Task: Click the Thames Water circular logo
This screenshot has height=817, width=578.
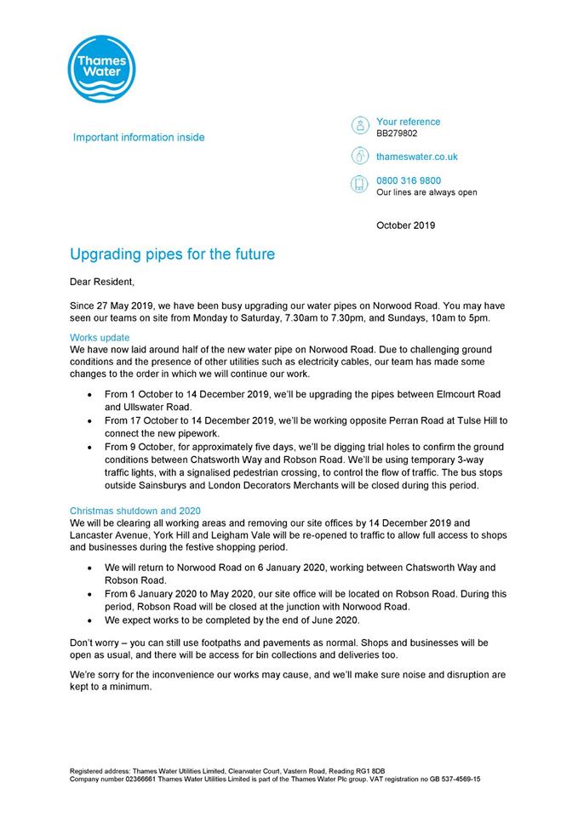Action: pos(99,69)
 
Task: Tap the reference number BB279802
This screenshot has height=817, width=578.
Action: pos(397,134)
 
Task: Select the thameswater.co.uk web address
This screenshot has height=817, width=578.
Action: pos(417,157)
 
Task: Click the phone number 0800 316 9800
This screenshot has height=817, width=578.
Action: pos(409,180)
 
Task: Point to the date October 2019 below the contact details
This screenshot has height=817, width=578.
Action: pos(405,226)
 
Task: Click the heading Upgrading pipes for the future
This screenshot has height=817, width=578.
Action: pos(172,254)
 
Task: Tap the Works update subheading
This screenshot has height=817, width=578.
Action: pos(100,338)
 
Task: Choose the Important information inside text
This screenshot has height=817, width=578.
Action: pos(139,137)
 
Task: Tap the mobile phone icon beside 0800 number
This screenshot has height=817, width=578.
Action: pos(359,185)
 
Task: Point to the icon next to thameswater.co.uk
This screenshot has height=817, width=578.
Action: pos(359,156)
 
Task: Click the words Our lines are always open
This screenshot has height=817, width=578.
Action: pos(426,192)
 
